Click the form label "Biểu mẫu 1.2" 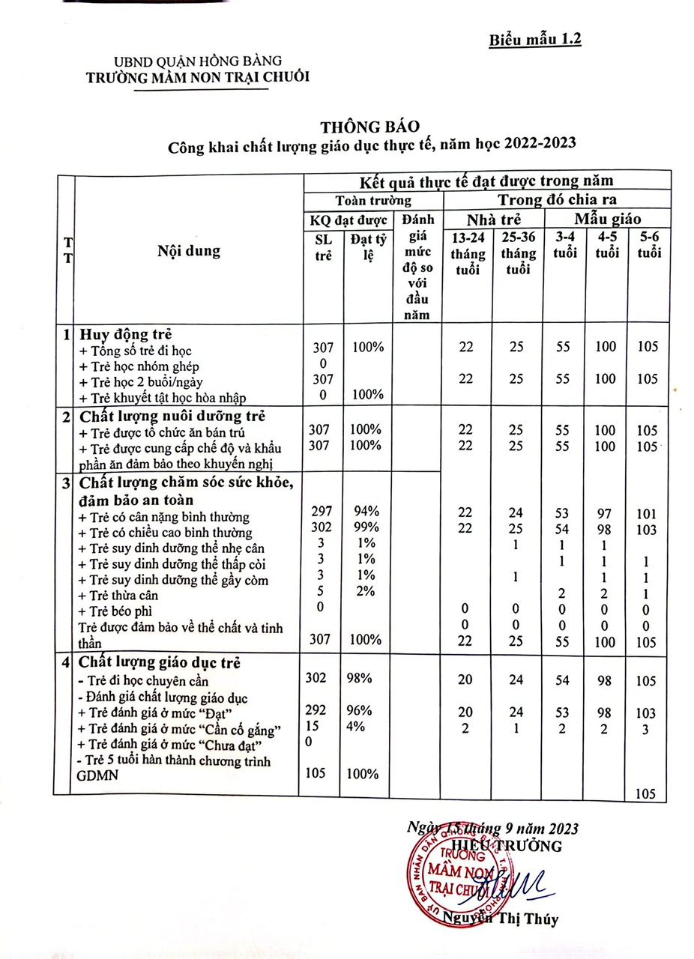(534, 39)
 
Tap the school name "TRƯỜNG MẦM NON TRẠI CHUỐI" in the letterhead (197, 76)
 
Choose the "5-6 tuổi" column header (649, 244)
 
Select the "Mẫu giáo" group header (607, 220)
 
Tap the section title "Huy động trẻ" (127, 334)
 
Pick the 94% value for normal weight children (366, 512)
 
